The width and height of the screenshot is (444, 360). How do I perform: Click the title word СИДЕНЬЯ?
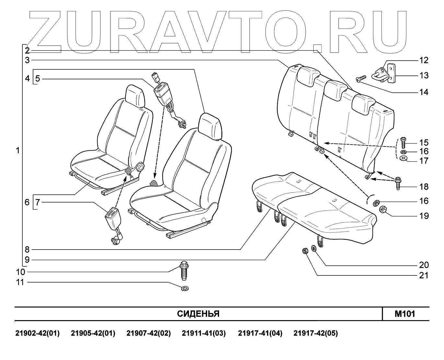(198, 314)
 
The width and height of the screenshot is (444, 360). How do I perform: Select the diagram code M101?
(405, 314)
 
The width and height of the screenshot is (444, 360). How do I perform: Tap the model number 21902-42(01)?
(38, 333)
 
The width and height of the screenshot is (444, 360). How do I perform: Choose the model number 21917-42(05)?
(316, 333)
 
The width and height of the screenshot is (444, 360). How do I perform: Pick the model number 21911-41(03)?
(204, 333)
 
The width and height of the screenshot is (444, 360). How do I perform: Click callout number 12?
(424, 60)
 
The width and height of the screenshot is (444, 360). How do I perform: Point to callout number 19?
(424, 216)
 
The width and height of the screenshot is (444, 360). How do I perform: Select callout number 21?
(424, 275)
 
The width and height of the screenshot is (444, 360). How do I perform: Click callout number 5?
(38, 78)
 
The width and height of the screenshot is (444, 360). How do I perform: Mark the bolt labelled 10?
(184, 273)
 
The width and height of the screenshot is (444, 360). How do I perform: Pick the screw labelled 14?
(361, 78)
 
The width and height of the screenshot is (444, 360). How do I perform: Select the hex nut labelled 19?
(383, 210)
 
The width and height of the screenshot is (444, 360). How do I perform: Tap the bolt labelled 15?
(403, 143)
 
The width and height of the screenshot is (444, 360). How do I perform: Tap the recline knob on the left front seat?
(140, 167)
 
